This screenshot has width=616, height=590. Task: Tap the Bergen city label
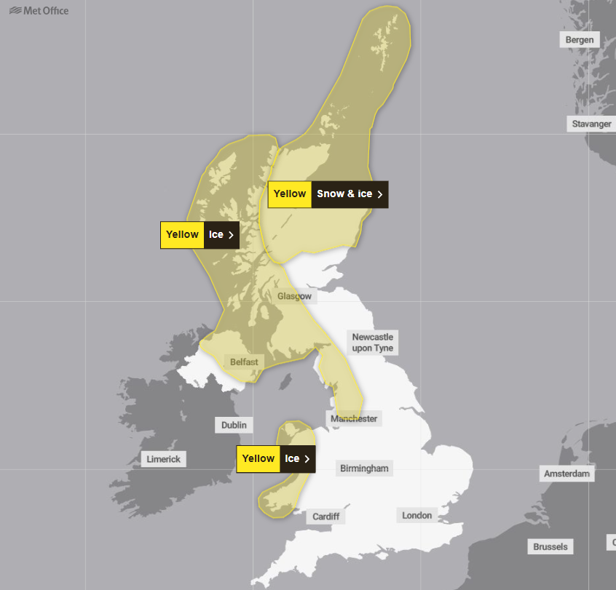tap(580, 40)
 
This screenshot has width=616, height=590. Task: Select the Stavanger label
tap(591, 124)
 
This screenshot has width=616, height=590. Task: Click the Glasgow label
tap(294, 296)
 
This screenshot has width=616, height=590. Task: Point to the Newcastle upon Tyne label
tap(373, 343)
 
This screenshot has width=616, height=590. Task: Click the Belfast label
tap(244, 362)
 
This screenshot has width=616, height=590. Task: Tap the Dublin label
tap(234, 425)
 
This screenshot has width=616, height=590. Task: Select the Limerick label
tap(164, 459)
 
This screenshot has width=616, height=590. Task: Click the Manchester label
tap(354, 418)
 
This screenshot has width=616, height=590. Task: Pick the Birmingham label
tap(365, 469)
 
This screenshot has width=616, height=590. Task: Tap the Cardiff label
tap(325, 517)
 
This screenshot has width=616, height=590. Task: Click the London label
tap(417, 515)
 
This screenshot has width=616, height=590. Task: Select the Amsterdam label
tap(567, 474)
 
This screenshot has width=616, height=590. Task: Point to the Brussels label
tap(550, 546)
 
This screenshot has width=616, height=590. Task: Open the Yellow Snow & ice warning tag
tap(328, 194)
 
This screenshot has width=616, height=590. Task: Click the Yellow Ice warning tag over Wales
tap(275, 459)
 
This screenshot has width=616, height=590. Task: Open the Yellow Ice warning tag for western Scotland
tap(200, 235)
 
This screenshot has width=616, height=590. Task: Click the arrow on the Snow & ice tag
tap(380, 194)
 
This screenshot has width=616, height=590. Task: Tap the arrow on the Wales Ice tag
tap(307, 459)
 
